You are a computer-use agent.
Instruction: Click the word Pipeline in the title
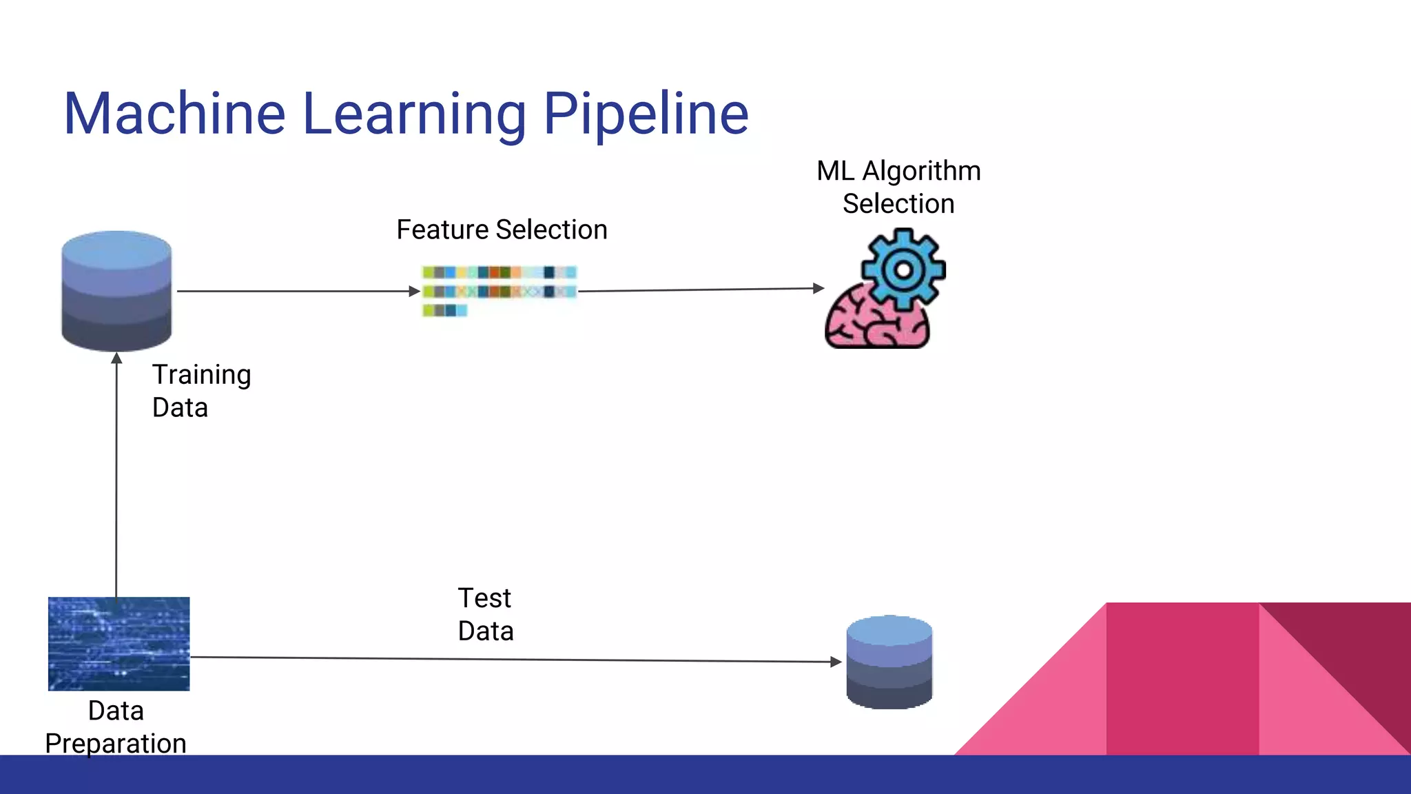pyautogui.click(x=646, y=114)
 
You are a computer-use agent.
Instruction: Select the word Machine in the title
pyautogui.click(x=174, y=114)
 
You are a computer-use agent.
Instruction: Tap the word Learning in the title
pyautogui.click(x=414, y=114)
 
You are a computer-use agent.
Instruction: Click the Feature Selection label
pyautogui.click(x=502, y=230)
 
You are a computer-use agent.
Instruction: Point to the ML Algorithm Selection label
pyautogui.click(x=898, y=187)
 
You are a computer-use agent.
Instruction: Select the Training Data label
pyautogui.click(x=200, y=391)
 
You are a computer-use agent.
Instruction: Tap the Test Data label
pyautogui.click(x=485, y=614)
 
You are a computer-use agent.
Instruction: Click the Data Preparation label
pyautogui.click(x=116, y=727)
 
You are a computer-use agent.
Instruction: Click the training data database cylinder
pyautogui.click(x=116, y=291)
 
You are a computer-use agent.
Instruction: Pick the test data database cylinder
pyautogui.click(x=889, y=662)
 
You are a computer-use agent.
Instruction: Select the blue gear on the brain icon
pyautogui.click(x=903, y=269)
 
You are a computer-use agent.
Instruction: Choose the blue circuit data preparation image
pyautogui.click(x=119, y=644)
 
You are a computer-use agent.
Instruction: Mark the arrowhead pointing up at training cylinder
pyautogui.click(x=116, y=358)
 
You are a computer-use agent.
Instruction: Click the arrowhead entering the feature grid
pyautogui.click(x=415, y=292)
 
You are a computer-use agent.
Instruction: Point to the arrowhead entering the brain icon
pyautogui.click(x=818, y=288)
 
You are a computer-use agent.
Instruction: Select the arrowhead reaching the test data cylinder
pyautogui.click(x=836, y=662)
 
